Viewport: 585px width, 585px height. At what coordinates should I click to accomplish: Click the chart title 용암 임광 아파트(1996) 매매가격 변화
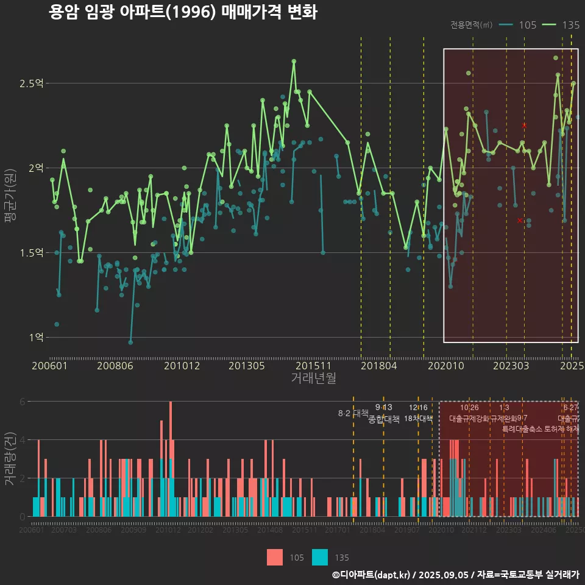183,12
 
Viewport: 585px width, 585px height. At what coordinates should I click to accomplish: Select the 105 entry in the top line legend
518,25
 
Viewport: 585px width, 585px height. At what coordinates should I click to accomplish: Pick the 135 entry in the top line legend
561,25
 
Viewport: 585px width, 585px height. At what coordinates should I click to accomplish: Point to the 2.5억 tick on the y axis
32,83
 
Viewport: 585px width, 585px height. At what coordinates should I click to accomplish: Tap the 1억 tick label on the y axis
35,337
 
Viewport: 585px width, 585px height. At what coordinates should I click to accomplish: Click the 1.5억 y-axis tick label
32,252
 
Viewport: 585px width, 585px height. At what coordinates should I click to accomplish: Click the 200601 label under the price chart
49,366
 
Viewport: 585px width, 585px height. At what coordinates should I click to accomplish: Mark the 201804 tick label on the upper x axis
378,366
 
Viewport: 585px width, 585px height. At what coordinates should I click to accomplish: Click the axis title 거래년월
313,378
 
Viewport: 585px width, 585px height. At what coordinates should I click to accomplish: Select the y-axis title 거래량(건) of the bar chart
10,458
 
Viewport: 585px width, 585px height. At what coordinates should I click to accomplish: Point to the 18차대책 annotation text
418,419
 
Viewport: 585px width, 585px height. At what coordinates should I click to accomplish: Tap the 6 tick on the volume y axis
22,402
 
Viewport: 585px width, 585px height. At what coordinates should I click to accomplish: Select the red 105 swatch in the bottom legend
275,557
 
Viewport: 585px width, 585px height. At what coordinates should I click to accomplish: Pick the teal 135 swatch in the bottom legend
319,557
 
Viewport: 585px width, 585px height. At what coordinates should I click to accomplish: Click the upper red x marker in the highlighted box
524,126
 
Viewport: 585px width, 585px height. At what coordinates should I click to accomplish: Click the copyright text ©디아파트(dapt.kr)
372,575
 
